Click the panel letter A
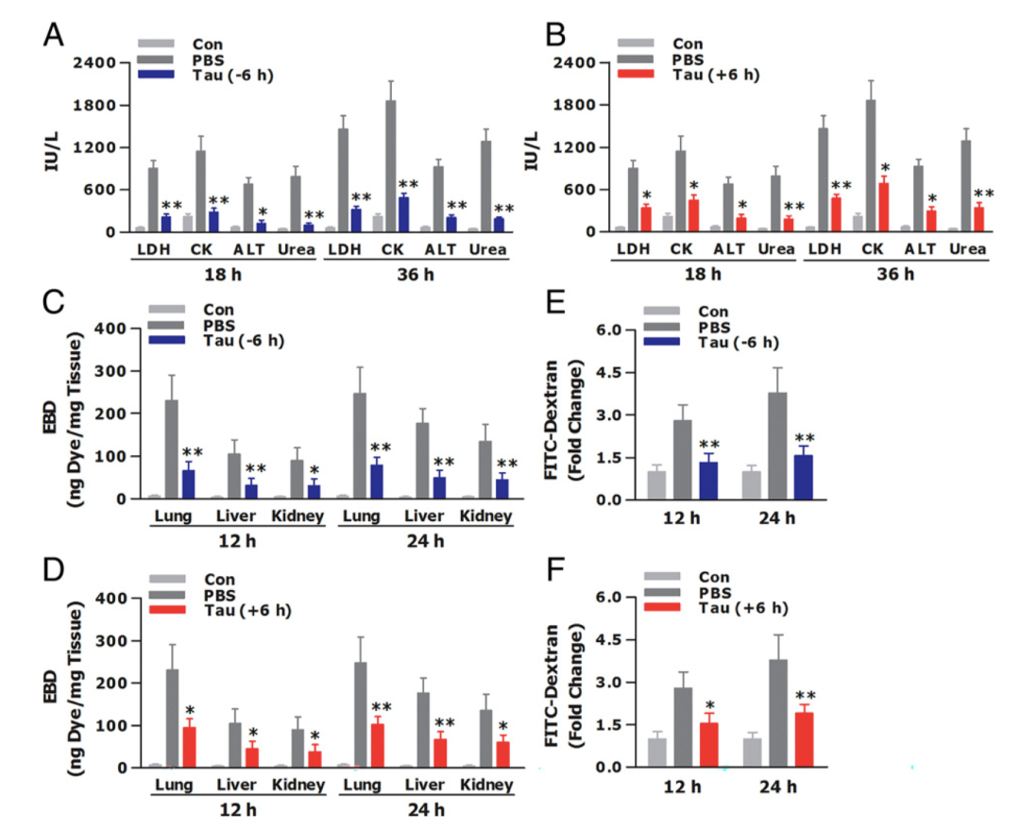pyautogui.click(x=54, y=35)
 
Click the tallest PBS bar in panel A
pyautogui.click(x=390, y=165)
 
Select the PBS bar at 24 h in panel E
pyautogui.click(x=777, y=445)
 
